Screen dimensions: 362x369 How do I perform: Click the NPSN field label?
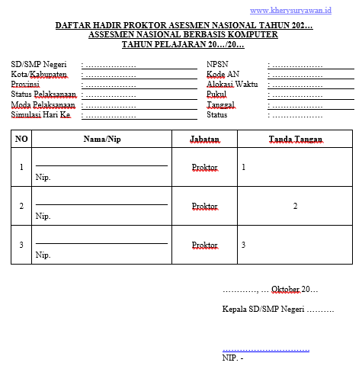(217, 65)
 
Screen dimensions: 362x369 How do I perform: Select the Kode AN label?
(223, 75)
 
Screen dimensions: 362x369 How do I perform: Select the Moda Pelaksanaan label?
(43, 105)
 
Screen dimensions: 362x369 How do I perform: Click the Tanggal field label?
(221, 105)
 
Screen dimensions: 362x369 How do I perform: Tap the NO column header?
(21, 139)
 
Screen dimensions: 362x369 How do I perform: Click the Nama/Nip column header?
(102, 139)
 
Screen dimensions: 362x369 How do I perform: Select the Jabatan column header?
(205, 139)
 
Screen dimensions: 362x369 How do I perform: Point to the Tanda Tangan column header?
(295, 140)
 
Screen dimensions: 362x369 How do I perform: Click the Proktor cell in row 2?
(205, 206)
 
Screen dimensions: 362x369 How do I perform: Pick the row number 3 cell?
(21, 245)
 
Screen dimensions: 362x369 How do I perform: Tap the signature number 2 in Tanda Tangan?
(295, 206)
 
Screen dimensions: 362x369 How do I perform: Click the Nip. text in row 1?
(43, 177)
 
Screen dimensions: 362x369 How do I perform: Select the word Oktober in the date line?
(285, 290)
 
